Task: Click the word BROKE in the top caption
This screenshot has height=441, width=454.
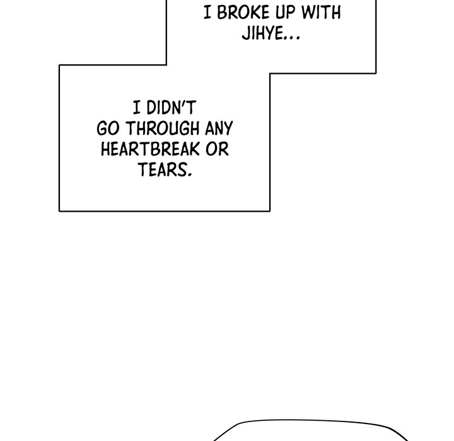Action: [243, 13]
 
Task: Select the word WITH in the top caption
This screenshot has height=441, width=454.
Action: [321, 13]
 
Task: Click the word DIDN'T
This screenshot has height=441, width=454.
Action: [172, 108]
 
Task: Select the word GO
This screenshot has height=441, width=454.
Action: [108, 129]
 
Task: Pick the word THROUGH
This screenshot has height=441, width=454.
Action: [163, 129]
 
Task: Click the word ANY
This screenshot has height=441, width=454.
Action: [219, 129]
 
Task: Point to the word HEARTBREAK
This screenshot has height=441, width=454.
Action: [150, 149]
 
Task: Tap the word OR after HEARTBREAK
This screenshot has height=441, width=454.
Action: [217, 149]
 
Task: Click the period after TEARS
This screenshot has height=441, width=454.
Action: [190, 175]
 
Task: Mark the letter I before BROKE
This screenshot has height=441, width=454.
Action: [207, 13]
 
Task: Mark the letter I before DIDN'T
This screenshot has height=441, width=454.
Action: [137, 108]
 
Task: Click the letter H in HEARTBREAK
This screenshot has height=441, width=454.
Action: [106, 149]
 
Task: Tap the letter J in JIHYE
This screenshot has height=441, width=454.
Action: [246, 33]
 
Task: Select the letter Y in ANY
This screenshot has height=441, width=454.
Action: [228, 129]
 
